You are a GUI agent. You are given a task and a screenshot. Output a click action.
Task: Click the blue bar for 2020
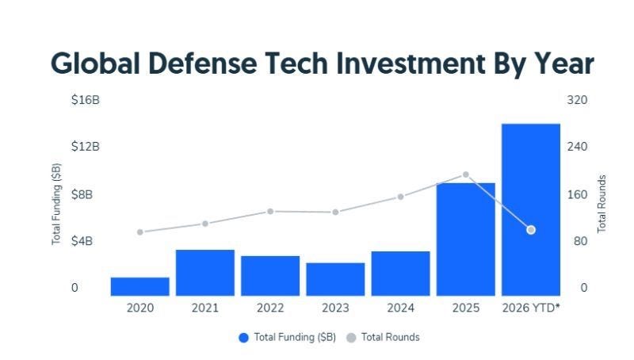coord(140,286)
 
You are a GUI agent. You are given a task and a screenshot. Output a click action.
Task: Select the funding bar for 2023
coord(335,279)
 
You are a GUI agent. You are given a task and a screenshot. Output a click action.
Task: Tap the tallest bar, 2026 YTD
coord(531,209)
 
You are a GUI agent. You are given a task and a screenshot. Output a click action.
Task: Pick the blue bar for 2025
coord(466,239)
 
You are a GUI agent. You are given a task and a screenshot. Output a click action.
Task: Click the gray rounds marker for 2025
coord(466,174)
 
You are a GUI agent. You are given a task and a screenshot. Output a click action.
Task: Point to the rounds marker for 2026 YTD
coord(531,230)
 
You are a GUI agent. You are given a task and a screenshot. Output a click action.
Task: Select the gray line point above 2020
coord(140,232)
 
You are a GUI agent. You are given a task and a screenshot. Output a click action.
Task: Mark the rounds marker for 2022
coord(270,211)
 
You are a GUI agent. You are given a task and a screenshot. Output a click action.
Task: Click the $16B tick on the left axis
coord(86,100)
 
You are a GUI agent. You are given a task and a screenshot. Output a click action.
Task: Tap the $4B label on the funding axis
coord(82,241)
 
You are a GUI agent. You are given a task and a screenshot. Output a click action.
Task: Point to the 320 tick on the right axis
coord(577,100)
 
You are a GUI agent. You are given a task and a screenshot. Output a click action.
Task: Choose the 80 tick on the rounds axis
coord(580,241)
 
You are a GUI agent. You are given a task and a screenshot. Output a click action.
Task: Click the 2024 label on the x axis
coord(401,308)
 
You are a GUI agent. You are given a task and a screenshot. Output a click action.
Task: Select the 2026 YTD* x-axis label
coord(531,308)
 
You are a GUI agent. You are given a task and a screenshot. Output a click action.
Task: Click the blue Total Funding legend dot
coord(243,338)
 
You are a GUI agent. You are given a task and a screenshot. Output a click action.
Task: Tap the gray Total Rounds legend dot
coord(351,338)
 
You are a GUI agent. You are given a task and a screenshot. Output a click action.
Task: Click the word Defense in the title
coord(203,64)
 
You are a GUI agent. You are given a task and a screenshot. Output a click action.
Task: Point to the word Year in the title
coord(564,64)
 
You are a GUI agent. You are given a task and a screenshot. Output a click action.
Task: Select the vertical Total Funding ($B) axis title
coord(56,204)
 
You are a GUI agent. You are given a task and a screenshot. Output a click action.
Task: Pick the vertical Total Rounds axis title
coord(602,204)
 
